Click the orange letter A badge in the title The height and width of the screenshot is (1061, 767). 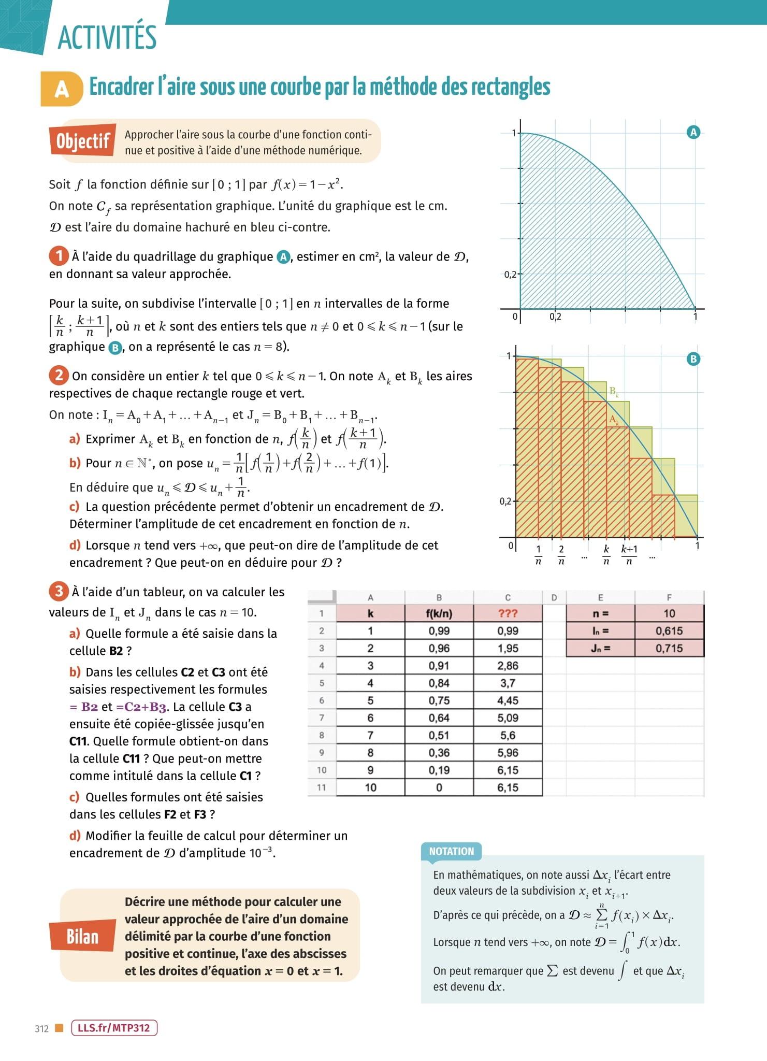tap(62, 89)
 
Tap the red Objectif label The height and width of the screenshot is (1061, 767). tap(83, 140)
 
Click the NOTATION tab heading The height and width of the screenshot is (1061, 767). tap(452, 851)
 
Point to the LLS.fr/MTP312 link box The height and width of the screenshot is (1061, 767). tap(114, 1028)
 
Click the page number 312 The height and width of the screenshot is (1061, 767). tap(41, 1028)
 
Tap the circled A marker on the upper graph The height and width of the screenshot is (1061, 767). tap(693, 132)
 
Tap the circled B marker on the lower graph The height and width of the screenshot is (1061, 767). tap(693, 359)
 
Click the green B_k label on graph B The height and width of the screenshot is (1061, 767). tap(614, 392)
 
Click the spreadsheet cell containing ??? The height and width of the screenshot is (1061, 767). tap(508, 613)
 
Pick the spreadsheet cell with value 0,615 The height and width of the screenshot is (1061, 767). tap(669, 631)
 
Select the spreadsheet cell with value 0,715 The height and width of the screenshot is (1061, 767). tap(669, 648)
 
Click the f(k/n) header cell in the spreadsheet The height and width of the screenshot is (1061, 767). tap(439, 613)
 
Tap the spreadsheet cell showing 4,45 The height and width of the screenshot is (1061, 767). tap(508, 700)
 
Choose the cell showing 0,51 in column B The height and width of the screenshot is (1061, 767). tap(439, 735)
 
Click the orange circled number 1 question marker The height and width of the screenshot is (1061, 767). tap(59, 255)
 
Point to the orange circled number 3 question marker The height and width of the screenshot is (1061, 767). tap(59, 591)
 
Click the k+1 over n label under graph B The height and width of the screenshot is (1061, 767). tap(629, 554)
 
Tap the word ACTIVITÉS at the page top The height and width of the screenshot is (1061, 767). tap(107, 37)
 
